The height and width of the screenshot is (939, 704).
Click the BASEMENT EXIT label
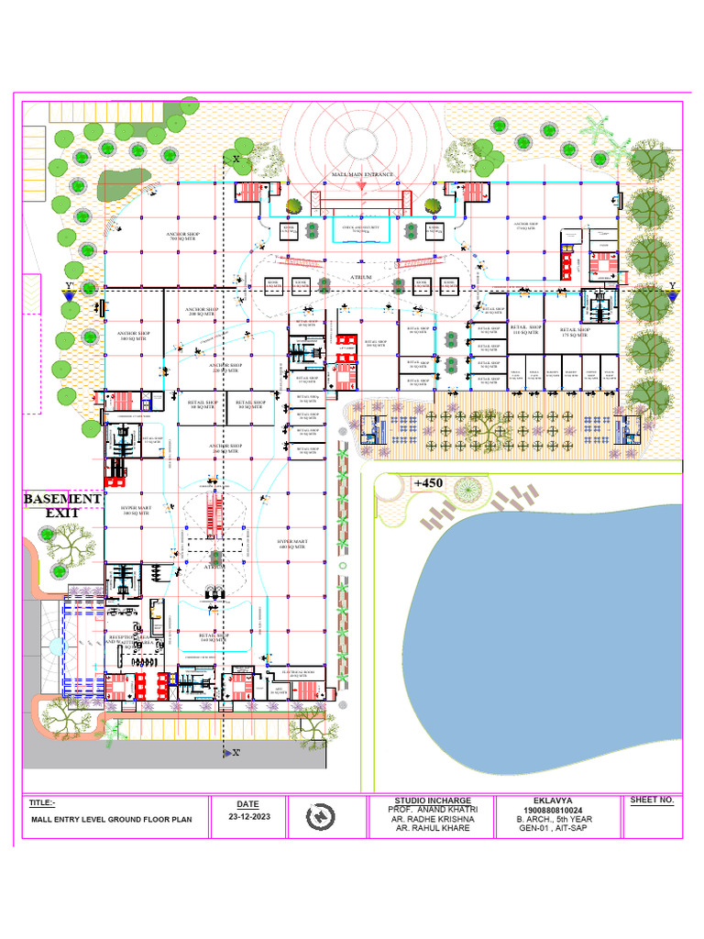pyautogui.click(x=62, y=505)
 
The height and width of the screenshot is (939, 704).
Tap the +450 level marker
pyautogui.click(x=428, y=483)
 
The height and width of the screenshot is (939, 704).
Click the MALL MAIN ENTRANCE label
pyautogui.click(x=362, y=174)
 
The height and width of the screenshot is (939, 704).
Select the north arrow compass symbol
pyautogui.click(x=320, y=815)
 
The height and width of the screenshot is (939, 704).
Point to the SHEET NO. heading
pyautogui.click(x=652, y=800)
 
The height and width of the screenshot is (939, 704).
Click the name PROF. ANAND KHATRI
pyautogui.click(x=434, y=809)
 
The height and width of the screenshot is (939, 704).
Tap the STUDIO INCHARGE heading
pyautogui.click(x=434, y=800)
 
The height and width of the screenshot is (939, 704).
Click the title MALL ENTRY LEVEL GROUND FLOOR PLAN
pyautogui.click(x=112, y=820)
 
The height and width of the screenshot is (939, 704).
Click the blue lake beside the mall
pyautogui.click(x=550, y=624)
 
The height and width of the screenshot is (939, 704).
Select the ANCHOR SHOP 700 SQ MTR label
pyautogui.click(x=182, y=237)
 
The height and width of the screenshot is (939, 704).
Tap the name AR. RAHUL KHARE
pyautogui.click(x=434, y=828)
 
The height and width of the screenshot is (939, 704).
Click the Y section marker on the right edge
pyautogui.click(x=672, y=287)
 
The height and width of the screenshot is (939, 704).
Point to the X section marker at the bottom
pyautogui.click(x=235, y=753)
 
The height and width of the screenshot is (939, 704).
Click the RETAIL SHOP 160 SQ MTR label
pyautogui.click(x=213, y=636)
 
